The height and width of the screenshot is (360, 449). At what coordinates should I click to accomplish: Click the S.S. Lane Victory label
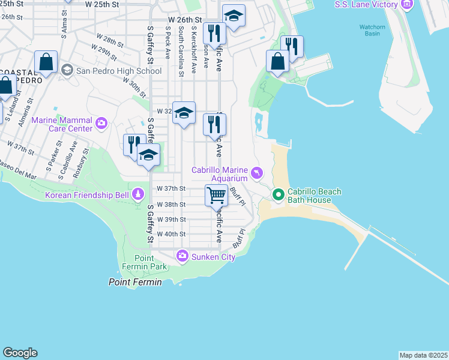point(366,5)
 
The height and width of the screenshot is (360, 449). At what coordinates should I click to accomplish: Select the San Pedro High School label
point(118,71)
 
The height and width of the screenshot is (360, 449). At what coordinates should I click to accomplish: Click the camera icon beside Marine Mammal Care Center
point(101,124)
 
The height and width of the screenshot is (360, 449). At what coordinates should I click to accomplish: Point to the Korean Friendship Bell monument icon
point(139,194)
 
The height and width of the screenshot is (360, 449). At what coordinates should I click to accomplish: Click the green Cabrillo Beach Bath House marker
point(278,195)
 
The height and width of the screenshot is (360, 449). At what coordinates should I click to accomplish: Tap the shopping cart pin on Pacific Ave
point(216,194)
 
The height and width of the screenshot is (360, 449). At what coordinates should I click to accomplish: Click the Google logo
point(20,353)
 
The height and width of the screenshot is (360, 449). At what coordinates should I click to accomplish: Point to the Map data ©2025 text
point(423,355)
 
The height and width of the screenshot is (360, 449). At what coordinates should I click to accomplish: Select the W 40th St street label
point(171,234)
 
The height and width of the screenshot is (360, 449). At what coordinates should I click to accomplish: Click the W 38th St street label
point(171,204)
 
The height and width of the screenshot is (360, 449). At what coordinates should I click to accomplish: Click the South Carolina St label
point(181,51)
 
